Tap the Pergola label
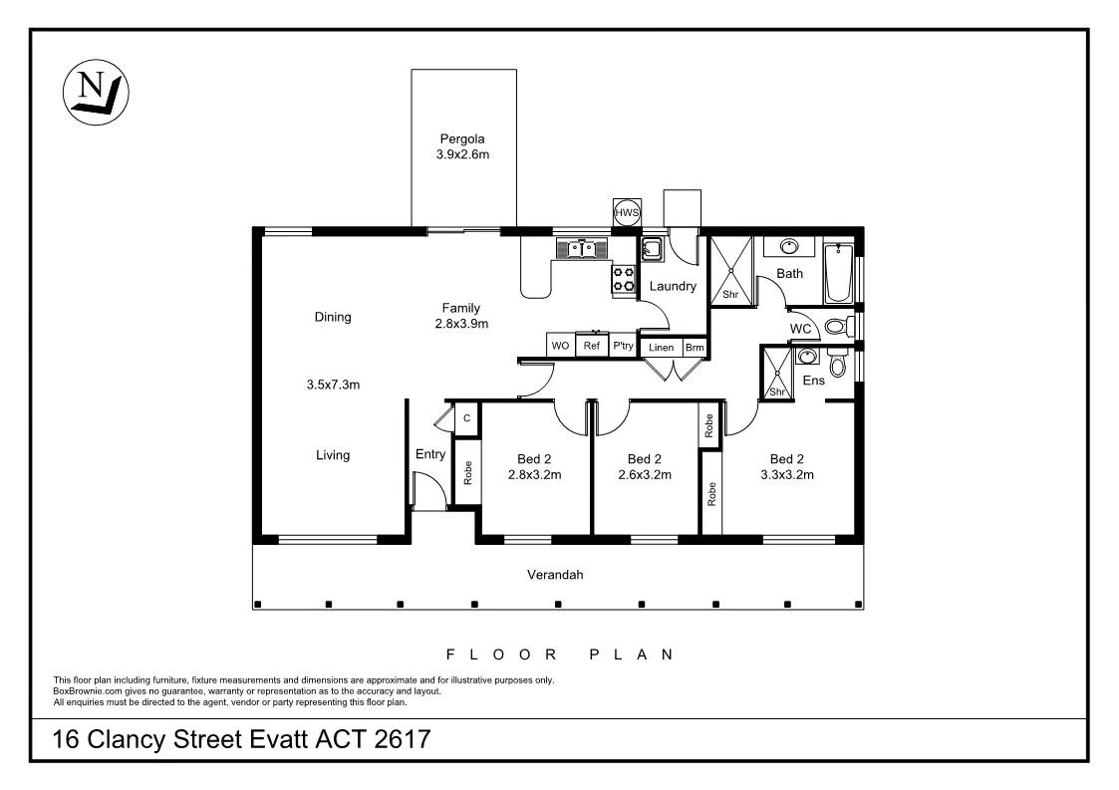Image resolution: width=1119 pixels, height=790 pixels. pos(462,139)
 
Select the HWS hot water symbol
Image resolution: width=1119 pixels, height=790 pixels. pos(627,213)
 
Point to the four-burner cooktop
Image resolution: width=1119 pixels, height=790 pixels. pos(624,279)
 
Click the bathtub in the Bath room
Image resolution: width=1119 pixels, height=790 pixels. pos(838,273)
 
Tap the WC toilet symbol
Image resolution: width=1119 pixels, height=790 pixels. pos(838,326)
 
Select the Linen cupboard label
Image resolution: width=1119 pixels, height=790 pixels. pos(661,348)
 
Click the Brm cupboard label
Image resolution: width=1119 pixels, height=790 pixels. pos(694,348)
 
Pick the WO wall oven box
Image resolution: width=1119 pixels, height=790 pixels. pos(560,346)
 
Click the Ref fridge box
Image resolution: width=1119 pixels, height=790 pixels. pos(592,346)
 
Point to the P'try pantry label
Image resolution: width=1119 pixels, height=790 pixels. pos(623,346)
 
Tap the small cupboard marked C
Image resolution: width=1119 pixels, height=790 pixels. pos(466,417)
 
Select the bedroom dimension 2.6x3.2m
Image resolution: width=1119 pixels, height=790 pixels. pos(645,475)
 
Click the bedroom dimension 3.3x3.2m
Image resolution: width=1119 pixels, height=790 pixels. pos(786,475)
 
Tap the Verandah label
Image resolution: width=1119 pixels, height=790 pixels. pos(555,575)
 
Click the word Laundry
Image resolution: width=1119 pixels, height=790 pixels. pos(672,287)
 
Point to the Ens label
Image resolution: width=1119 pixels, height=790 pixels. pos(814,380)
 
